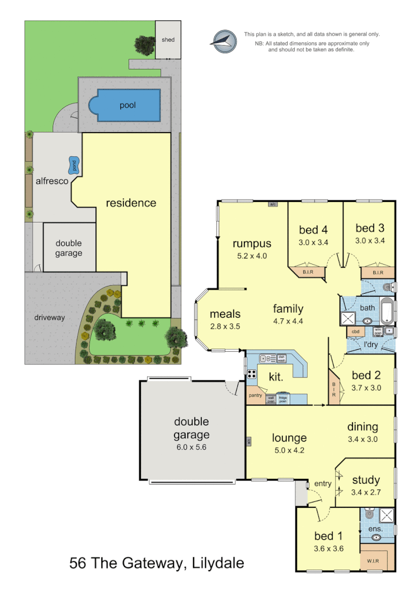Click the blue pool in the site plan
(128, 105)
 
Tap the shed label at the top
(168, 40)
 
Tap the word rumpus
(252, 243)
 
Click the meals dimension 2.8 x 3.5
(225, 326)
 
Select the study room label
(366, 479)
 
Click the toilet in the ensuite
(369, 514)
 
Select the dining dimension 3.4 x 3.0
(362, 439)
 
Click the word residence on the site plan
(131, 203)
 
